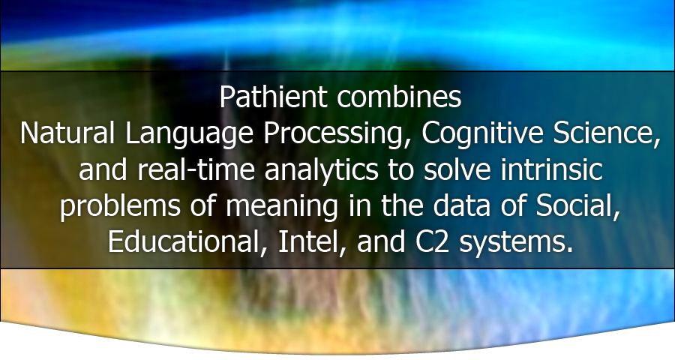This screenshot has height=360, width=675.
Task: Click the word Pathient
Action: point(273,97)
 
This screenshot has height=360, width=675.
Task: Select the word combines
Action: point(399,97)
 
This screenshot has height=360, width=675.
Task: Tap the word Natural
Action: point(67,133)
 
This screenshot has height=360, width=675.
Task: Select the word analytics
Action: point(321,171)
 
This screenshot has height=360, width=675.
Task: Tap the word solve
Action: point(457,169)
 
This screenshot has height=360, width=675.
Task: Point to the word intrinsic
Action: point(551,169)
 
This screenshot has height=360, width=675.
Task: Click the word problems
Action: point(120,207)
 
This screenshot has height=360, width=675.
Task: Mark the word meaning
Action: point(282,207)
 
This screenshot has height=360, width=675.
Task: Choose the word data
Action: point(461,205)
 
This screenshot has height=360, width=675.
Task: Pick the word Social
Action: point(577,206)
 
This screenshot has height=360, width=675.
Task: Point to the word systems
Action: point(516,243)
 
